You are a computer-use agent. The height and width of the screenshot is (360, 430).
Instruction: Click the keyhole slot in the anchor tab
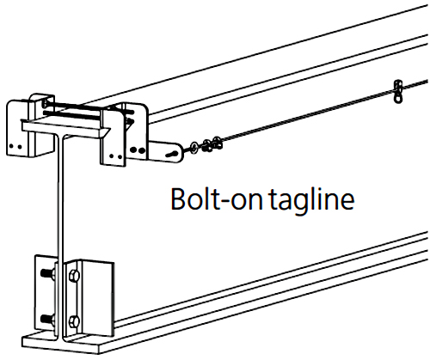pos(173,155)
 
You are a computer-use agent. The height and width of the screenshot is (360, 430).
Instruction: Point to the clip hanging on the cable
pos(397,91)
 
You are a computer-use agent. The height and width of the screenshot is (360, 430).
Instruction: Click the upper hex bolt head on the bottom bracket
pos(74,276)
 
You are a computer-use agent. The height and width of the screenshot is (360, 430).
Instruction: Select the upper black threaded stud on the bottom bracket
pos(47,274)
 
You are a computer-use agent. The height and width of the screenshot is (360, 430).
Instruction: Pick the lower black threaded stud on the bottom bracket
pos(47,319)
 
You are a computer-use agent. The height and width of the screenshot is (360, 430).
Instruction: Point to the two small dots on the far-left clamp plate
pos(15,146)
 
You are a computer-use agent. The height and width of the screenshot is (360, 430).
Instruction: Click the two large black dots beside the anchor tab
pos(138,149)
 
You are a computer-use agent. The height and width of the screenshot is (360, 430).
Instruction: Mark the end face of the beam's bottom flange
pos(61,345)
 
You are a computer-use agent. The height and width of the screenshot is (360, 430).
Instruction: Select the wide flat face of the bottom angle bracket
pos(98,298)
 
